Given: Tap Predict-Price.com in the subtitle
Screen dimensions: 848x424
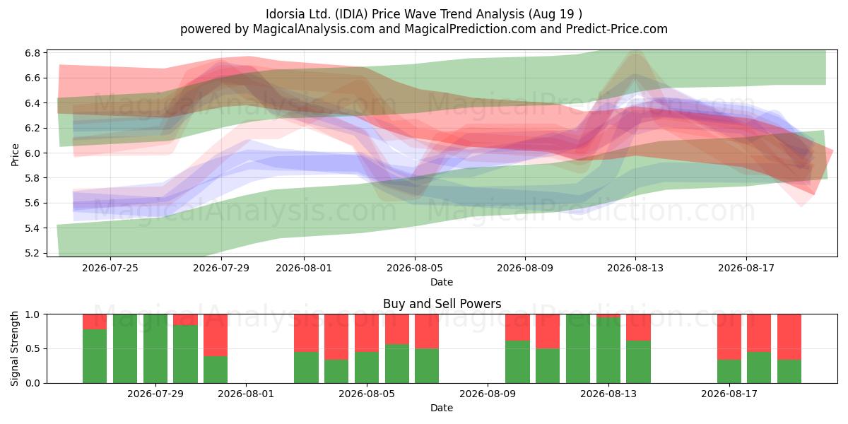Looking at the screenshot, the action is coord(617,29).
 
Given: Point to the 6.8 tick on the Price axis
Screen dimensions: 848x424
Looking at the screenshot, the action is coord(33,53).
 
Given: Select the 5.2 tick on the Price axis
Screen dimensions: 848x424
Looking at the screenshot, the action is coord(33,253).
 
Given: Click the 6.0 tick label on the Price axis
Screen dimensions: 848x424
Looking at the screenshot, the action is coord(33,153).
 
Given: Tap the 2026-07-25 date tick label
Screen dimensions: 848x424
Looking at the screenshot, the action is coord(110,268).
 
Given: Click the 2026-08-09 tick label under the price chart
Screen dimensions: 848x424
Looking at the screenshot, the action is coord(525,268).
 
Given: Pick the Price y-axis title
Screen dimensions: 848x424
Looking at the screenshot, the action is coord(15,155).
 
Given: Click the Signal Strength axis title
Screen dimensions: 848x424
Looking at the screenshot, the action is coord(14,348).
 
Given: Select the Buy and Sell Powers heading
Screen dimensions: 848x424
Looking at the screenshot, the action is coord(442,304).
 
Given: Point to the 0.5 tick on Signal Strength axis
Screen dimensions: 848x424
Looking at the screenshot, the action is coord(33,348).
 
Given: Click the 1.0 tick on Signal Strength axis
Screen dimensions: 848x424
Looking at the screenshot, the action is coord(33,314).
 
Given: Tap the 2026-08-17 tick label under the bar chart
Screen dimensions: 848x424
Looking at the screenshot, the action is coord(729,394).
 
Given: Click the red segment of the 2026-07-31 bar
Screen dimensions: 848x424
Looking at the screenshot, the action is coord(216,335).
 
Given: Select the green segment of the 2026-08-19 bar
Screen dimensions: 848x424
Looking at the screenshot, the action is coord(789,371).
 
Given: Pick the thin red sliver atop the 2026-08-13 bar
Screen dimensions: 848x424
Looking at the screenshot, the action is coord(608,316).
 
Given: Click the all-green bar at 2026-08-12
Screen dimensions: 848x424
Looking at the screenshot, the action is coord(578,348).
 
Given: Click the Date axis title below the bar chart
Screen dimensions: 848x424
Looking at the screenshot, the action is coord(442,408).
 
